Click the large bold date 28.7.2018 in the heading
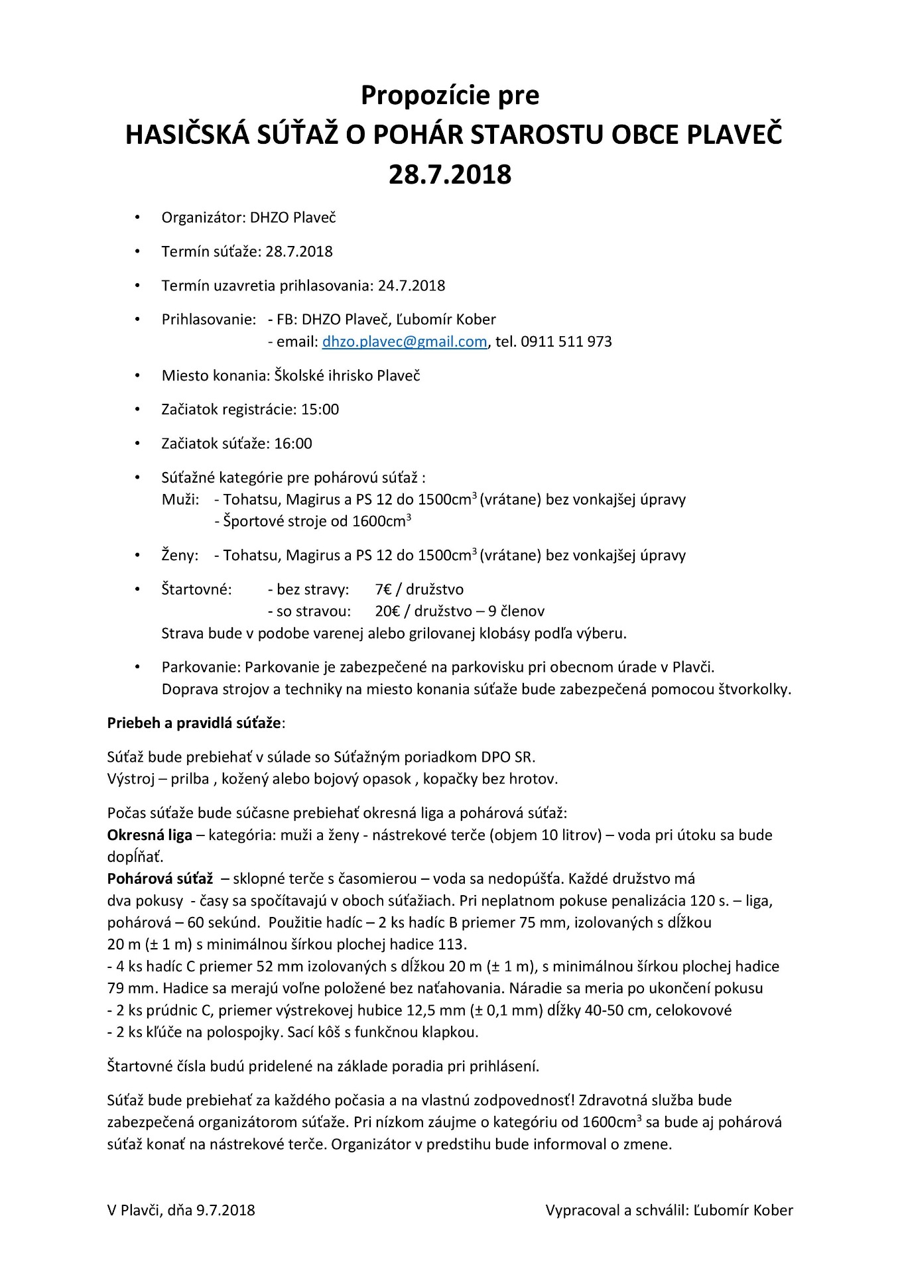tap(450, 174)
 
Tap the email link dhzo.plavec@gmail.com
tap(405, 341)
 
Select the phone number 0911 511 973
tap(566, 341)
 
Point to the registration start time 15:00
tap(320, 409)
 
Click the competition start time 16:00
tap(293, 443)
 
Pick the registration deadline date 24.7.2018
tap(411, 285)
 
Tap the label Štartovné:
tap(196, 589)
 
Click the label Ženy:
tap(180, 555)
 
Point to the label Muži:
tap(180, 499)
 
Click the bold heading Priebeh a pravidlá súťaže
tap(194, 723)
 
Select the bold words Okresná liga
tap(149, 835)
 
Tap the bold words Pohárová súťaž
tap(160, 879)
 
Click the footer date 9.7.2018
tap(225, 1210)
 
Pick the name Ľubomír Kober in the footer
tap(743, 1210)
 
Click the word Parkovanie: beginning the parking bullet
tap(201, 666)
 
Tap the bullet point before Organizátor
tap(137, 217)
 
